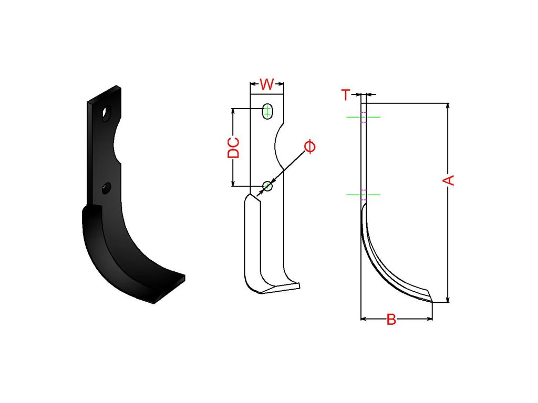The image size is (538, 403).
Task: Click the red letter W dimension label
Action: [x=267, y=84]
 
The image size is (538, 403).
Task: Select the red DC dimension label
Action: [x=234, y=147]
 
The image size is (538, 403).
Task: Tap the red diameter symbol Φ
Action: [x=310, y=147]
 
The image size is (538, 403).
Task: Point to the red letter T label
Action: [x=346, y=94]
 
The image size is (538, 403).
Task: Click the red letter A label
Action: [x=449, y=181]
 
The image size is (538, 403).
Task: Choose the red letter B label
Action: [x=391, y=320]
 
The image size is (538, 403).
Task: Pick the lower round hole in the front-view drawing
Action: [x=267, y=186]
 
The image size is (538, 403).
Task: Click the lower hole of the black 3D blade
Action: [x=107, y=188]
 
